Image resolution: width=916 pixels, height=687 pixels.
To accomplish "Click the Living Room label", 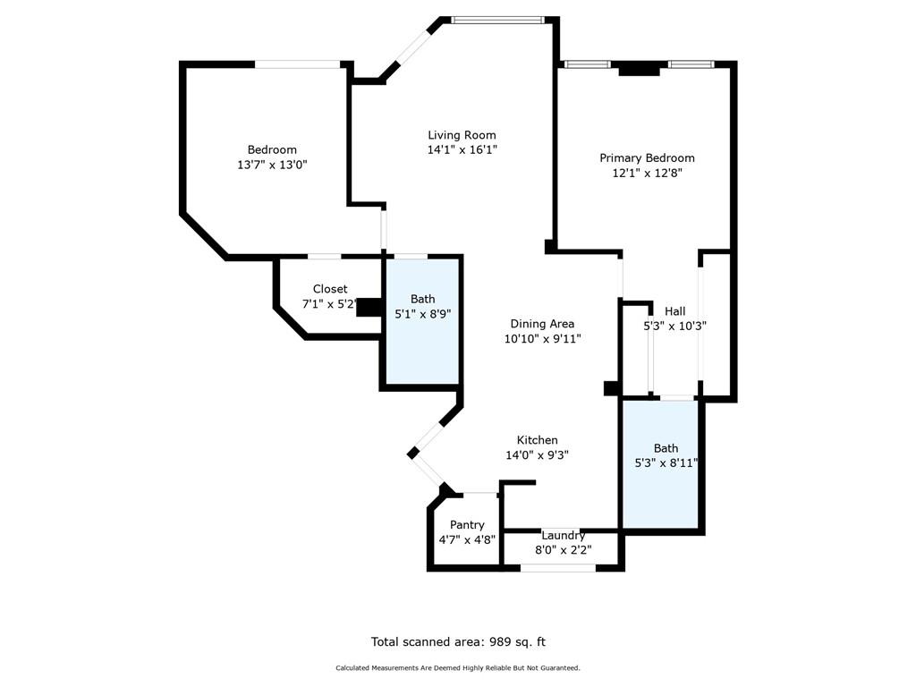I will [462, 135].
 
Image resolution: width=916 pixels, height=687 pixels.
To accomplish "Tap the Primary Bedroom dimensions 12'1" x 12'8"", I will [647, 174].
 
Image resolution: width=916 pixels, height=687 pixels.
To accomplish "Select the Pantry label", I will [467, 525].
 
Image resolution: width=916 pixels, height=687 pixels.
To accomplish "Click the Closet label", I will [330, 289].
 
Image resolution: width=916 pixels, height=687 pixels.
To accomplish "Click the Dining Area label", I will [542, 324].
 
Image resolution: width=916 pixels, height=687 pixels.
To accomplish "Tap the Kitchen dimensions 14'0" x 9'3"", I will [537, 454].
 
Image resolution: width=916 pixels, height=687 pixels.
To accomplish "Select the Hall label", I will [675, 311].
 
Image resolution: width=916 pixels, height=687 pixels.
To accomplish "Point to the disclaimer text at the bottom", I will [458, 668].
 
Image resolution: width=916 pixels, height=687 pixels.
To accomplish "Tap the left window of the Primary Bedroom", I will [587, 64].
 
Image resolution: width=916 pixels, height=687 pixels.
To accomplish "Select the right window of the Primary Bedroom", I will [691, 64].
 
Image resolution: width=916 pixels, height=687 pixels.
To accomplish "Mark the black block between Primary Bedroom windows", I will [643, 68].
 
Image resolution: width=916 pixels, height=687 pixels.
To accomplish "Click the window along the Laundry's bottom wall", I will [558, 567].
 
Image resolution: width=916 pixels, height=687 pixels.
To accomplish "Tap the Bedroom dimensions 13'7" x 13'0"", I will [272, 165].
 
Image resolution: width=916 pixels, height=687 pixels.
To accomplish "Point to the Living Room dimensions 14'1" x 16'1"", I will [462, 150].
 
